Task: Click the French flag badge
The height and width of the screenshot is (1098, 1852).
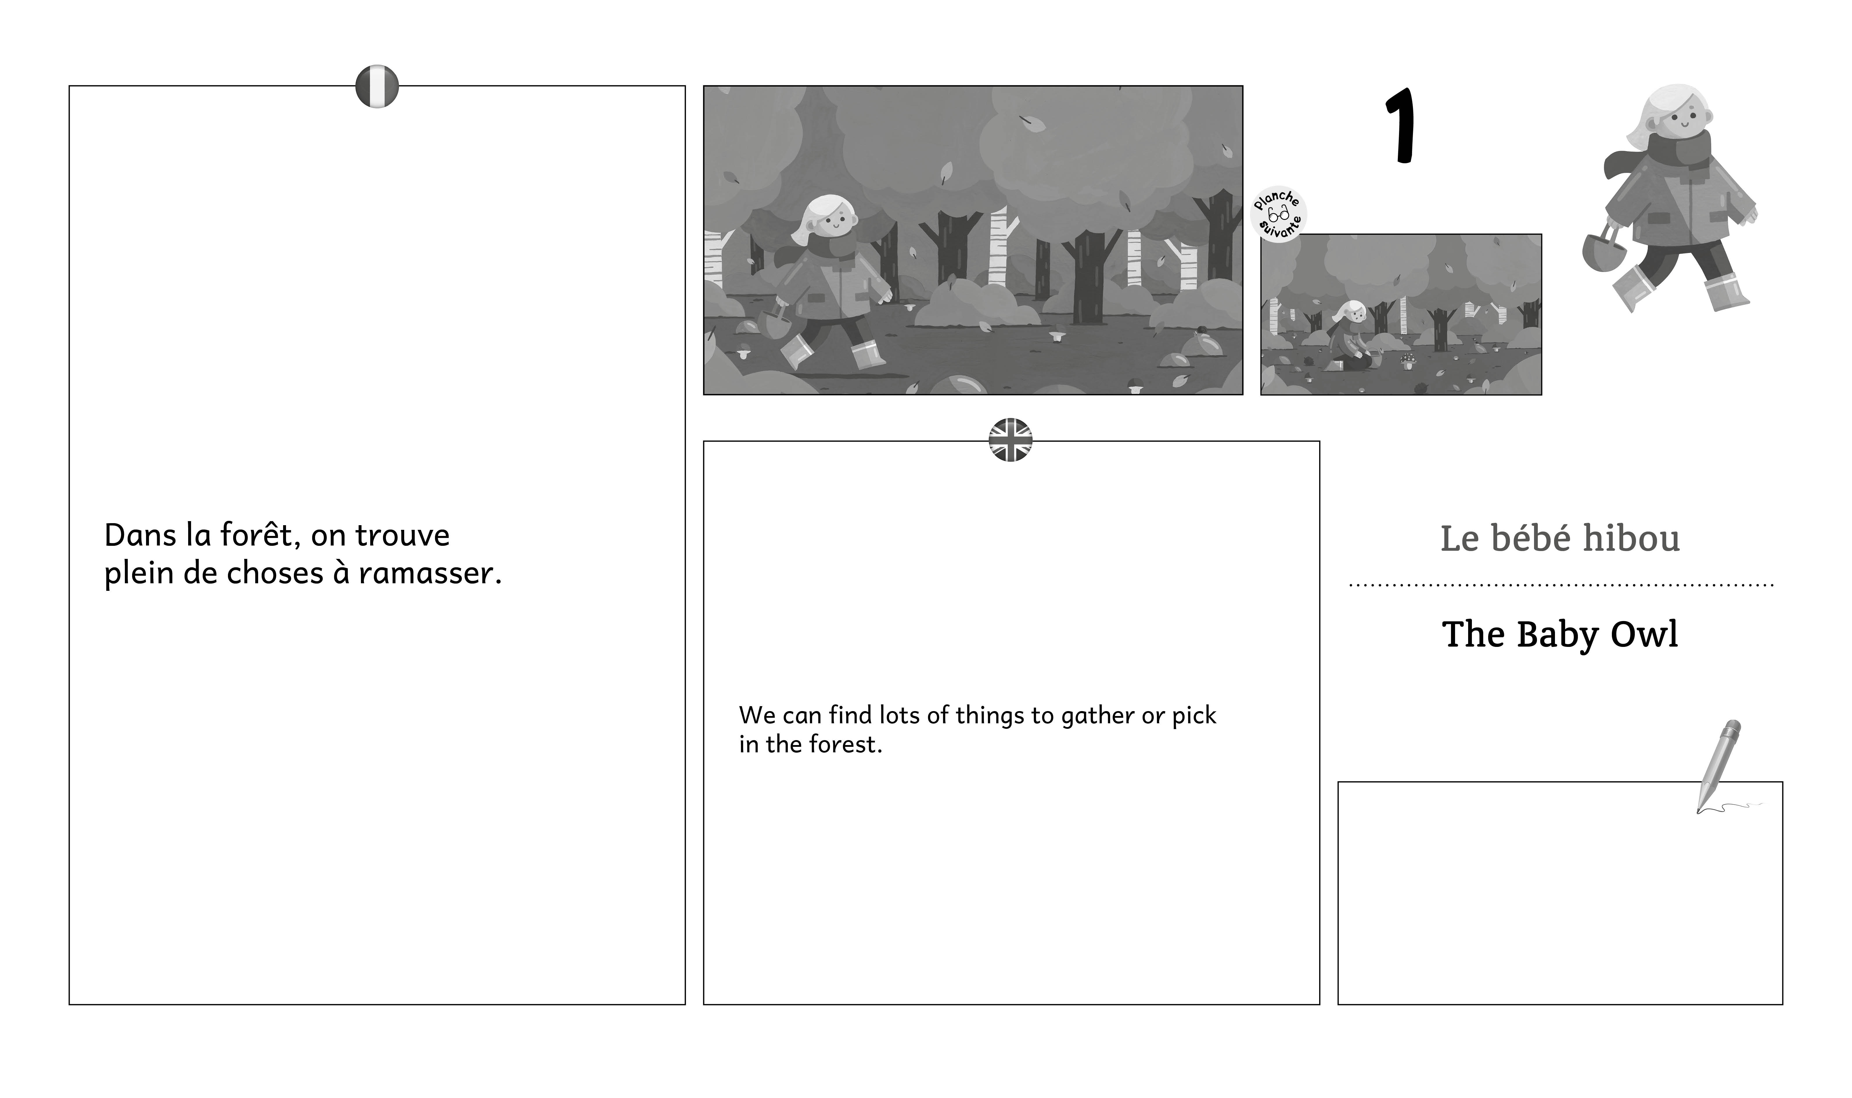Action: coord(377,87)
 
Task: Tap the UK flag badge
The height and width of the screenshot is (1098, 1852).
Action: coord(1010,440)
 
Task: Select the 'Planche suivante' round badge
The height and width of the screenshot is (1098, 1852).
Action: coord(1278,214)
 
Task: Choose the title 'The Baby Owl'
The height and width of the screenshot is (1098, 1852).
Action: coord(1560,634)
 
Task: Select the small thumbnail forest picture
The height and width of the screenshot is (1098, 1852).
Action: coord(1401,315)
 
